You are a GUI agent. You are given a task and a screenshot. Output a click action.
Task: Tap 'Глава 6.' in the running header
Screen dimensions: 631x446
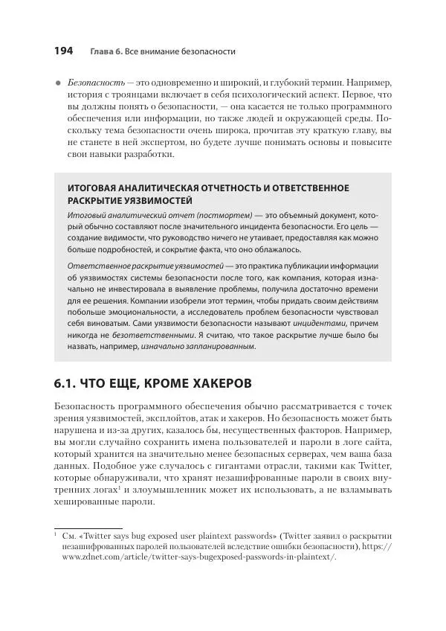tap(106, 51)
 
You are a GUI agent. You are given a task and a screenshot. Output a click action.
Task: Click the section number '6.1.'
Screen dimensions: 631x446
tap(69, 384)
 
